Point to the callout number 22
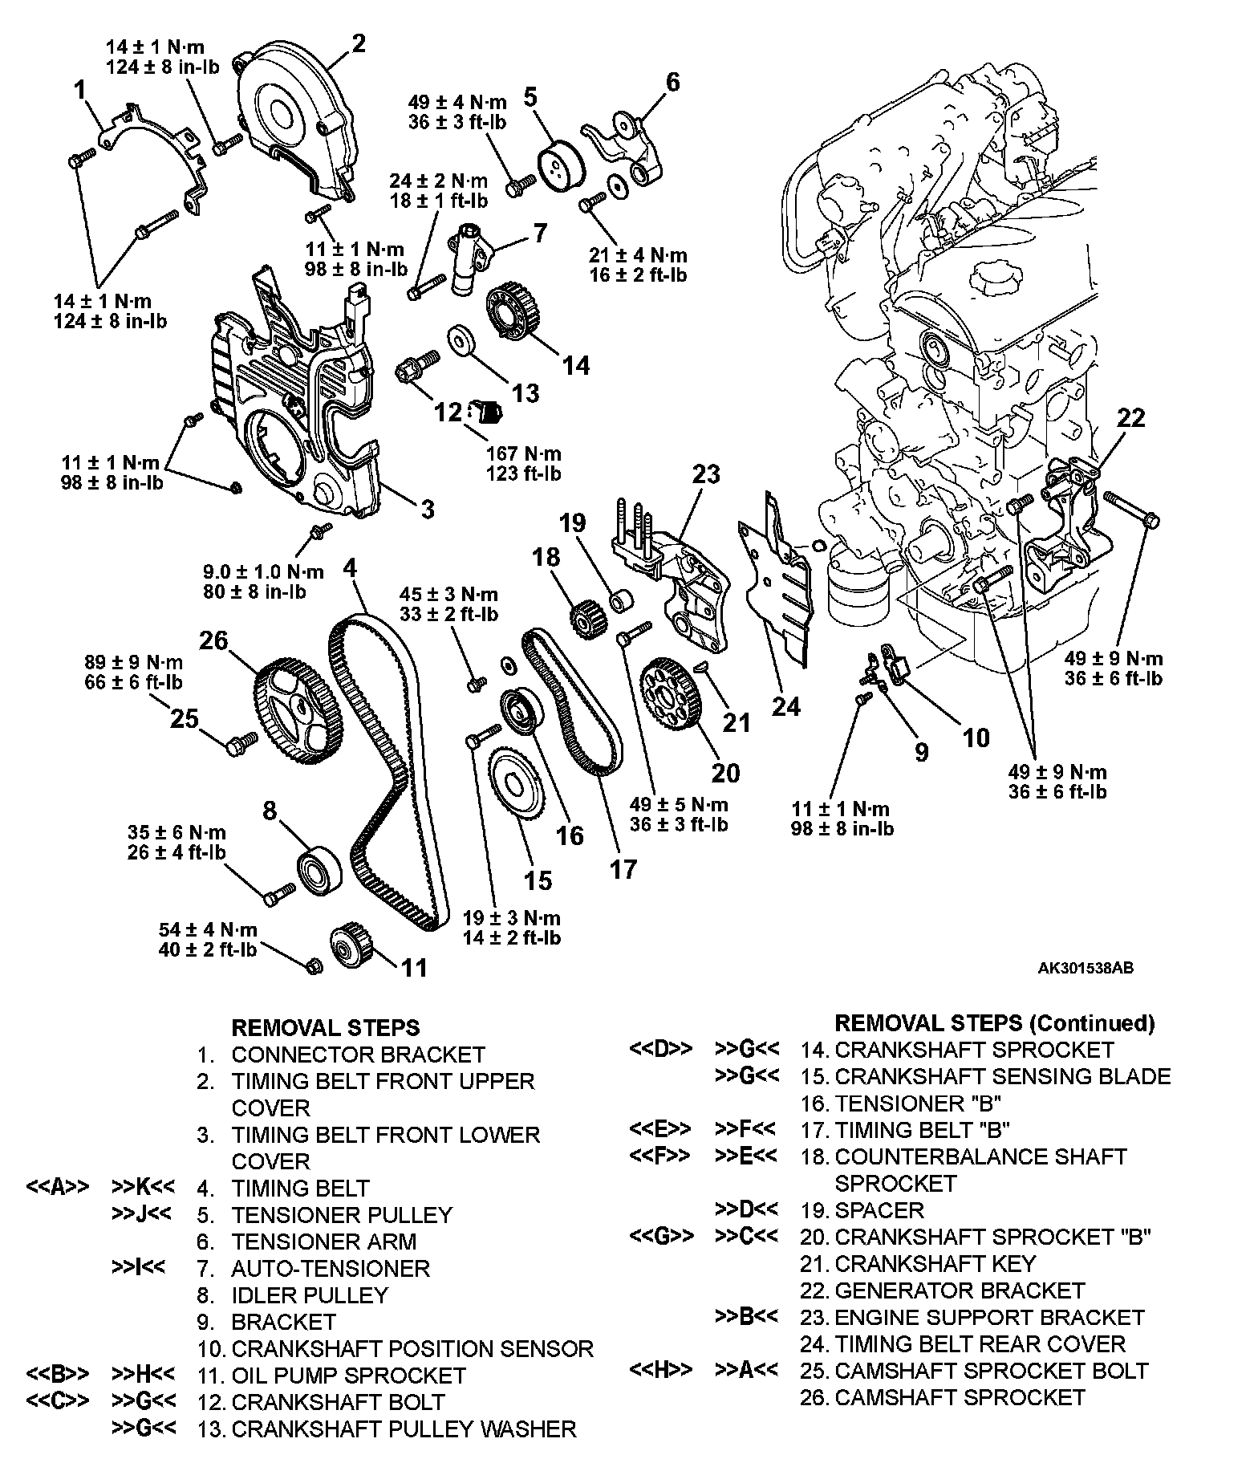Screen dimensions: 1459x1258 [x=1130, y=418]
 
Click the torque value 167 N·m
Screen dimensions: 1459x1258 [x=523, y=453]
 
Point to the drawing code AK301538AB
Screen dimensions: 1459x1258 [x=1085, y=969]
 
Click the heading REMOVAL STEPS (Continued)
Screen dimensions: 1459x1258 [x=994, y=1023]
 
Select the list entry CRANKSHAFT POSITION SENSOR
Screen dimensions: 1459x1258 [x=412, y=1348]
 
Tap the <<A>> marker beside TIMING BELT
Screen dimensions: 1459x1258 [x=57, y=1188]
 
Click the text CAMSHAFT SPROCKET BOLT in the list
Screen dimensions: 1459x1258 [x=992, y=1370]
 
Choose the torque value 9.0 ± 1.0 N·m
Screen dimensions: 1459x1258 [x=262, y=571]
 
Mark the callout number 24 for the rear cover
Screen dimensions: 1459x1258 [x=785, y=705]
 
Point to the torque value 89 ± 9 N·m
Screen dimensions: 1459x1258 [x=133, y=663]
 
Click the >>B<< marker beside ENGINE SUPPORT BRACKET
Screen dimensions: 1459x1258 [x=745, y=1317]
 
